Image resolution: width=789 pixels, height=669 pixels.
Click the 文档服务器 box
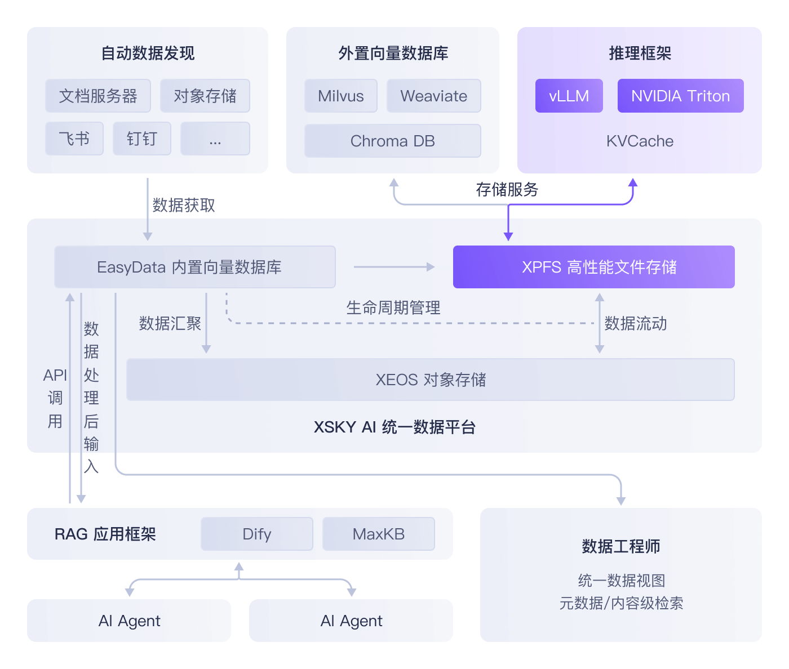tap(98, 96)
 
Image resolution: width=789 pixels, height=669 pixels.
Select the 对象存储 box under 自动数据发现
tap(205, 96)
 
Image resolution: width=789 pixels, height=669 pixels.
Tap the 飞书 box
tap(74, 139)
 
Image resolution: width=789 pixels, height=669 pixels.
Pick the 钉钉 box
tap(141, 139)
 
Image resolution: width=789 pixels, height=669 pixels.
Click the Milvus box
tap(340, 96)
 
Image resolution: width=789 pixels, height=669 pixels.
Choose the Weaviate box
tap(433, 96)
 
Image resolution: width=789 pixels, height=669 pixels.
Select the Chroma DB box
tap(392, 141)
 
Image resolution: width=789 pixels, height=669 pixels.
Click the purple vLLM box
tap(569, 96)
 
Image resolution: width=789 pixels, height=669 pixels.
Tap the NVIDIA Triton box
tap(680, 96)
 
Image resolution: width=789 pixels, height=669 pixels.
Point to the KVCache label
tap(640, 141)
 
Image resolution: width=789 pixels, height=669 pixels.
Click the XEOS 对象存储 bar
tap(430, 380)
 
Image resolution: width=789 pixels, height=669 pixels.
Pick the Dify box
tap(256, 534)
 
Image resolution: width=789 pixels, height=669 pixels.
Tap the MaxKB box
tap(378, 534)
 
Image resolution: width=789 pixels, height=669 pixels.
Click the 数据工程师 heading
tap(620, 546)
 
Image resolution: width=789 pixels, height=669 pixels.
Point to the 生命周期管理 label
tap(393, 307)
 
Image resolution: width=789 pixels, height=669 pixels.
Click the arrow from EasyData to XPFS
tap(394, 267)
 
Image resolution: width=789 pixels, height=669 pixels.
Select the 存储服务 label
tap(507, 189)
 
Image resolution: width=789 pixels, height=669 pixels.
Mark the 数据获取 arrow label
tap(184, 205)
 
